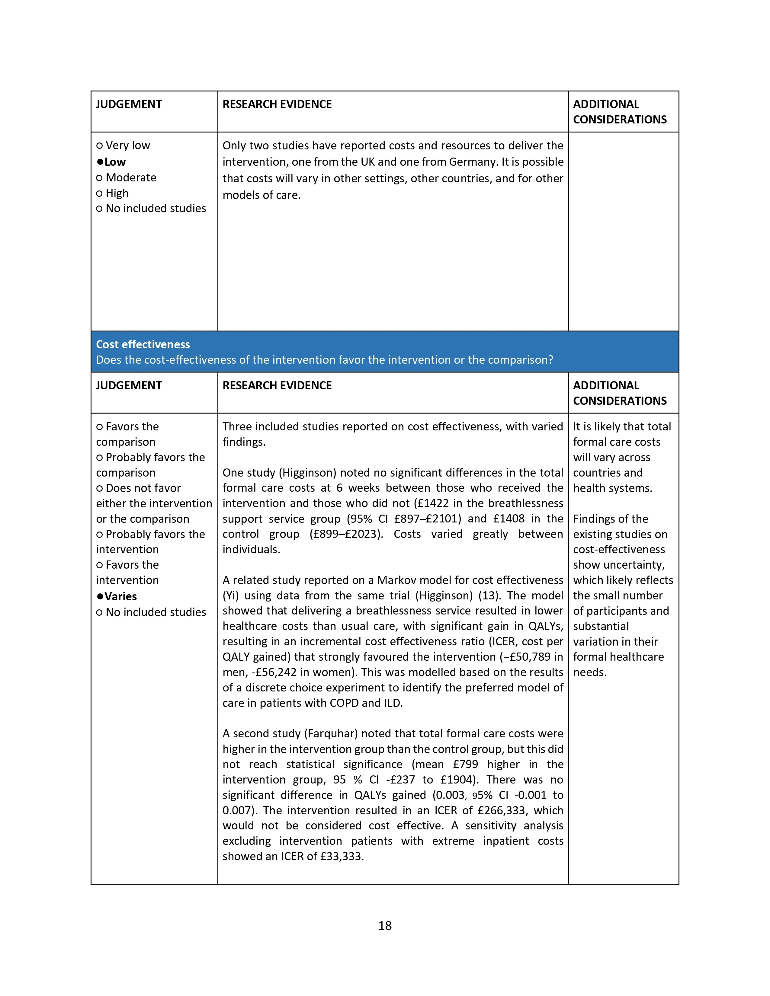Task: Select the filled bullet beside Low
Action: coord(100,162)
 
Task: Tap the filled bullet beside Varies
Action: coord(100,596)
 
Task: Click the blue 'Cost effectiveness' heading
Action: coord(143,344)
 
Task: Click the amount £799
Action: coord(465,764)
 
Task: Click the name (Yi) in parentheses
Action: coord(230,595)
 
